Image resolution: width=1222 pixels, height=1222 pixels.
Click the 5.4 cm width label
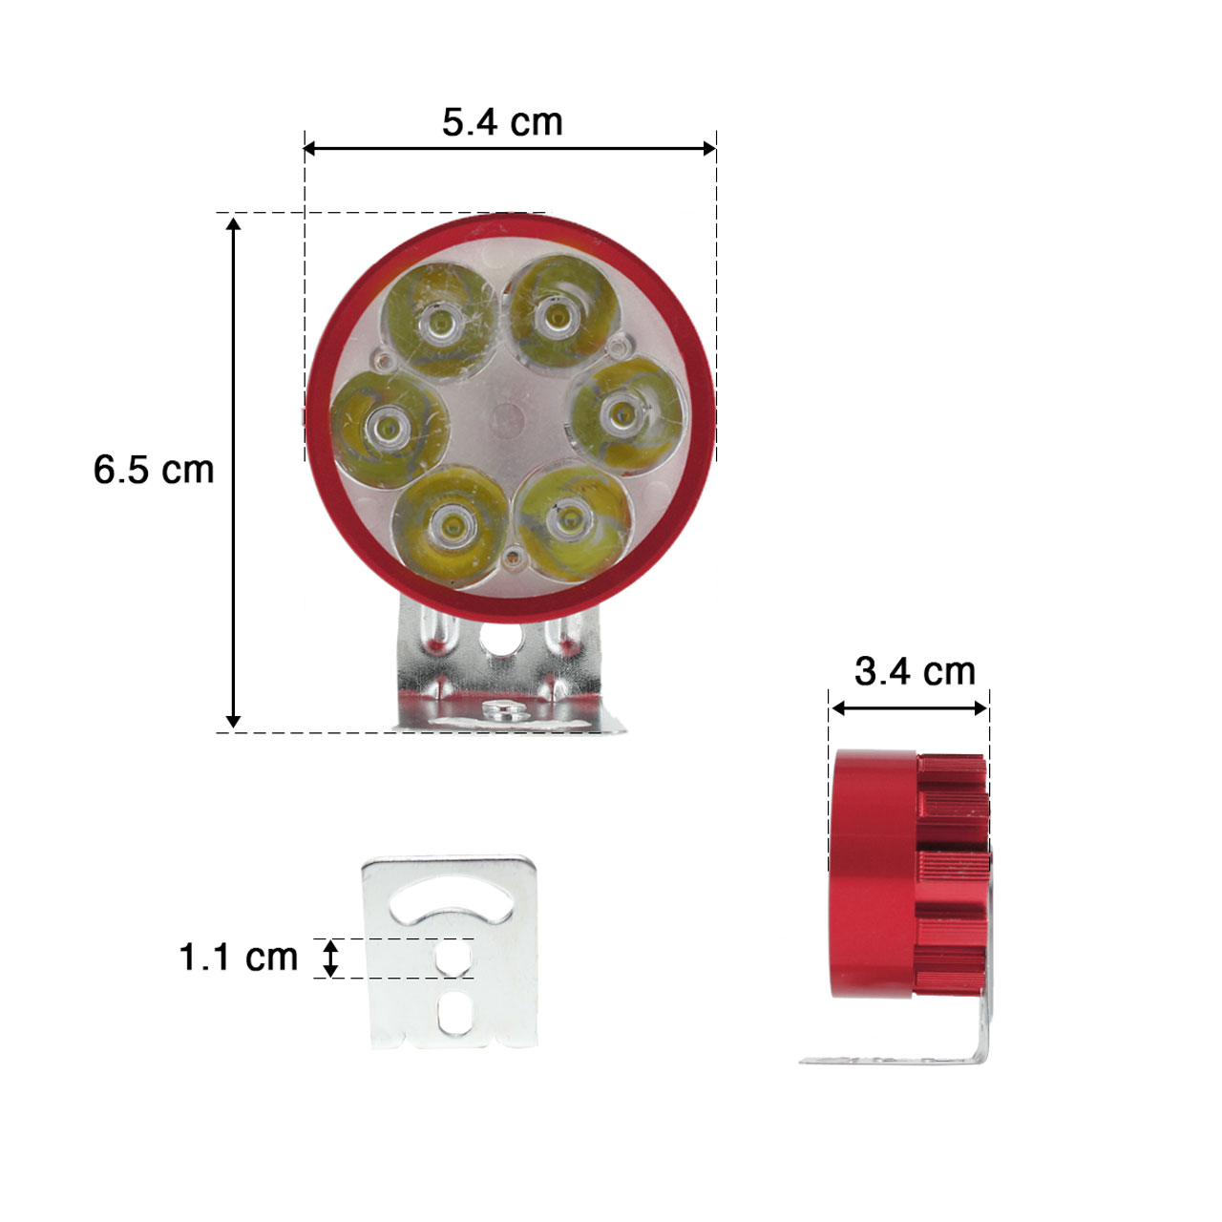[502, 122]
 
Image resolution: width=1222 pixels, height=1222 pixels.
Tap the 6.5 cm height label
[154, 470]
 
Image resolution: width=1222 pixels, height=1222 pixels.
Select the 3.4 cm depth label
[915, 672]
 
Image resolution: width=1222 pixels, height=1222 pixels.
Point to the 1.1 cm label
[239, 957]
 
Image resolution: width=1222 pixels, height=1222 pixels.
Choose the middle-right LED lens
[624, 412]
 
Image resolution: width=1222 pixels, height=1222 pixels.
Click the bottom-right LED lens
[570, 519]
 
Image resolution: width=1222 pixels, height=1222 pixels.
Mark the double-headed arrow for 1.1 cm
[330, 958]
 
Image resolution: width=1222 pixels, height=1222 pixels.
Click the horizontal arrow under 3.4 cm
[909, 708]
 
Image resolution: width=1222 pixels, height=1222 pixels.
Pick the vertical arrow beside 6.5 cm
[233, 472]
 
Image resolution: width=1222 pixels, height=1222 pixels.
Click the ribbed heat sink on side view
[953, 874]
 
